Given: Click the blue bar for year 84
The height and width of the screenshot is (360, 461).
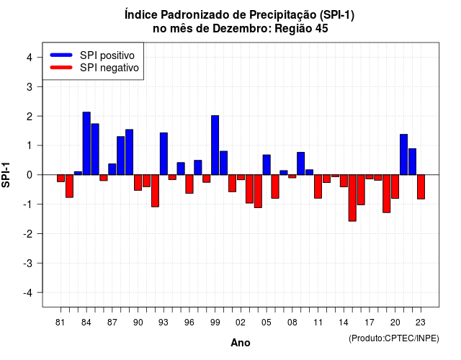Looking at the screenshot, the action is [x=86, y=143].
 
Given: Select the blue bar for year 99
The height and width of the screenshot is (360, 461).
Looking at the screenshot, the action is [x=215, y=145].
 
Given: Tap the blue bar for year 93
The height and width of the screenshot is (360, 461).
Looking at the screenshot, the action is [x=164, y=153].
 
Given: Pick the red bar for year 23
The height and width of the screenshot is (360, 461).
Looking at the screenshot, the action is [x=421, y=187].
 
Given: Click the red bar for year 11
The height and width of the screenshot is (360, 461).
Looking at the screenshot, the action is [x=318, y=186].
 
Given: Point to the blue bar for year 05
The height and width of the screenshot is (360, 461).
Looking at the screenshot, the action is [x=267, y=165].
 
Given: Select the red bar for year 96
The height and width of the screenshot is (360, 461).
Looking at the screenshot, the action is [x=189, y=184].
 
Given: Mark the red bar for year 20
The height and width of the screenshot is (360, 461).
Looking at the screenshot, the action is [x=395, y=186].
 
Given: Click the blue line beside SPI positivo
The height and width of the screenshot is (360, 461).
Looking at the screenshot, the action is [x=61, y=55].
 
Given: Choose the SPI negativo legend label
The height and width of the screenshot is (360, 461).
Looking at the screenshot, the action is [x=109, y=68].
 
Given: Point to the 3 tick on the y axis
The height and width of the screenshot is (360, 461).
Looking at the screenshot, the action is [x=40, y=86].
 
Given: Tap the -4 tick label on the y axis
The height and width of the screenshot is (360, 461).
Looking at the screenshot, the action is [x=28, y=293].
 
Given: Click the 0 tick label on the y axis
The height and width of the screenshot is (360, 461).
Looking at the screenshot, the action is [x=30, y=175].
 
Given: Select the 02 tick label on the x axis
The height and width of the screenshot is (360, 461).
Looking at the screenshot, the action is [x=241, y=323].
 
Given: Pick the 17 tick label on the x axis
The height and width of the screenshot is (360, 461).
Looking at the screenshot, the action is [x=370, y=323].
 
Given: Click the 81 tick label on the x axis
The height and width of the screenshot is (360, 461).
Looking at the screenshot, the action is [x=61, y=323].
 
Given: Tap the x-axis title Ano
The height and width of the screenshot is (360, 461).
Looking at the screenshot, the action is [x=241, y=343].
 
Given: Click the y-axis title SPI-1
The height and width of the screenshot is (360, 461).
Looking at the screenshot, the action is [x=6, y=175].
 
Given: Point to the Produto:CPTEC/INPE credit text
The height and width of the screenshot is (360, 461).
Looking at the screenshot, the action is [x=394, y=338].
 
